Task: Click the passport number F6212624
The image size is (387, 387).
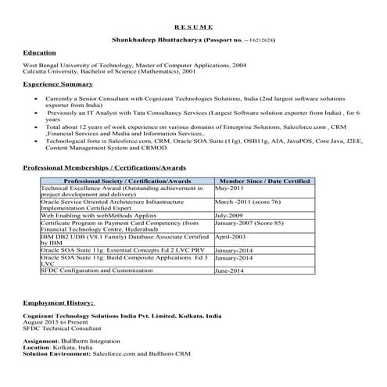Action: pyautogui.click(x=259, y=39)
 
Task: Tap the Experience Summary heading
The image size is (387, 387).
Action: pyautogui.click(x=58, y=82)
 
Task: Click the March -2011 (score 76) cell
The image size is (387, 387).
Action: pyautogui.click(x=246, y=201)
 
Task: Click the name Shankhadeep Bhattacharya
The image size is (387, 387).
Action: pyautogui.click(x=156, y=39)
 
